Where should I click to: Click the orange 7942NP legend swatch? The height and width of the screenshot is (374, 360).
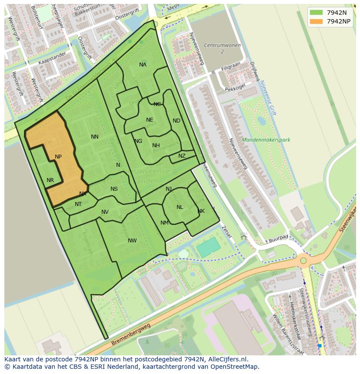click(317, 21)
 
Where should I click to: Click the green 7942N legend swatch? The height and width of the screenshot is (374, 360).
click(317, 13)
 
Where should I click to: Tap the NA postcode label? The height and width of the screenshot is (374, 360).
click(143, 65)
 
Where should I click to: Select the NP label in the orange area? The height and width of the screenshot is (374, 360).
click(58, 157)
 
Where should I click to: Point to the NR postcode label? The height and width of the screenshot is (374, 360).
click(50, 180)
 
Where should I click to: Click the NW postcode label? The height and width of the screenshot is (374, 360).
click(132, 241)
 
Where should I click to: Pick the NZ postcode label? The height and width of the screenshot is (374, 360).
click(182, 156)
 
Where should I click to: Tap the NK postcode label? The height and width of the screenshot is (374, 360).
click(201, 211)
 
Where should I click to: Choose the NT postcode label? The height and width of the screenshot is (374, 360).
click(78, 204)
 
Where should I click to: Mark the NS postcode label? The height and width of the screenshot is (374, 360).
click(114, 189)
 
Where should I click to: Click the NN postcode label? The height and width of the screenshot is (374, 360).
click(95, 137)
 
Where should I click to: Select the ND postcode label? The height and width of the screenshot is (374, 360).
click(176, 121)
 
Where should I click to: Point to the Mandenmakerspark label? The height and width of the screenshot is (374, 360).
click(266, 140)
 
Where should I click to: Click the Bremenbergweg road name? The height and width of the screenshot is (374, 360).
click(130, 334)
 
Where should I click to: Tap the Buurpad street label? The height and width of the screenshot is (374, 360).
click(279, 238)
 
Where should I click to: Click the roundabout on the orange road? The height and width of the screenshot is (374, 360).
click(303, 261)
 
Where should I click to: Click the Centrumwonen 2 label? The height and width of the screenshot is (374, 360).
click(216, 48)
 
